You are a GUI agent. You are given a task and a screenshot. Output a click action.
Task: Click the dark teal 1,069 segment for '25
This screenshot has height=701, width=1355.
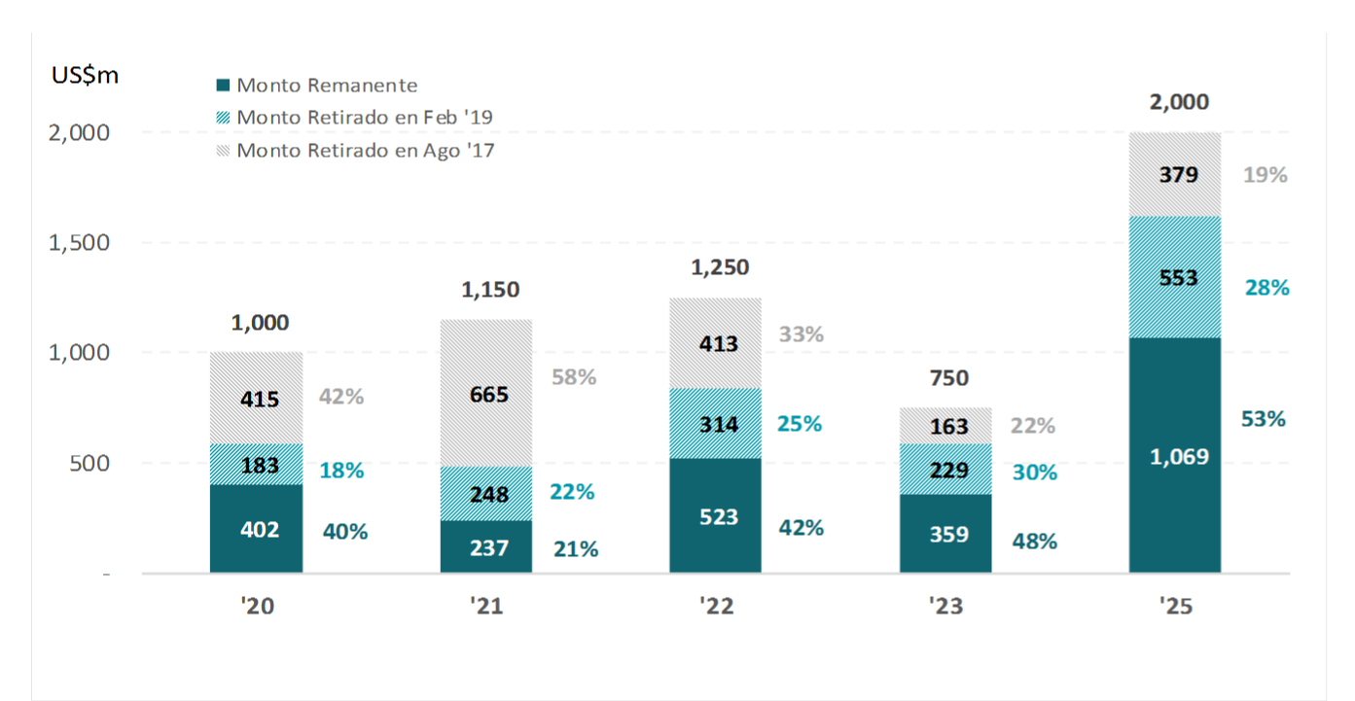[x=1175, y=455]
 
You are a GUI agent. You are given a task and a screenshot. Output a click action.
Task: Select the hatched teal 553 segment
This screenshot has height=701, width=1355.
[x=1175, y=277]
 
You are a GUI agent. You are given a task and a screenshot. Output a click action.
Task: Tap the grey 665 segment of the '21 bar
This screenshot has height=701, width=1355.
[x=486, y=394]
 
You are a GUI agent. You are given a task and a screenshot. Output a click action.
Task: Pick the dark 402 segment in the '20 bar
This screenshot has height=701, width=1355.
[x=257, y=529]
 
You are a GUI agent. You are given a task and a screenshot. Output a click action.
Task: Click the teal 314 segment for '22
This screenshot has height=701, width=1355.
[x=716, y=424]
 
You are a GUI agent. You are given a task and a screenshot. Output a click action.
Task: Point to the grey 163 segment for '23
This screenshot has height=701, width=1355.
[x=945, y=426]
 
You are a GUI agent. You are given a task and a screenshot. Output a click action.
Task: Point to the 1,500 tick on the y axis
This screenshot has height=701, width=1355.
[x=79, y=242]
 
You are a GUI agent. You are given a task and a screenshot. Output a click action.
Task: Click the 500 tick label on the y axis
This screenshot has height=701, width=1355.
[x=89, y=463]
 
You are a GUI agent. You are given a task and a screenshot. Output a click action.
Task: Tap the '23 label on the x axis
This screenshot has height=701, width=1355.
[x=945, y=607]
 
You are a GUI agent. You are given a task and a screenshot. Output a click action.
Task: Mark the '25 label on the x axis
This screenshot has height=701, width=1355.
[x=1175, y=607]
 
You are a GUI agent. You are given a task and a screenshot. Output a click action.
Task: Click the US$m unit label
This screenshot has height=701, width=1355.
[x=86, y=76]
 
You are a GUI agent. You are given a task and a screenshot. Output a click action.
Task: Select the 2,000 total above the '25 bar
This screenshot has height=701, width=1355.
[x=1179, y=102]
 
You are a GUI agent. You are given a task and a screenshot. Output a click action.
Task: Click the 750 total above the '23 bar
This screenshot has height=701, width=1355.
[x=949, y=378]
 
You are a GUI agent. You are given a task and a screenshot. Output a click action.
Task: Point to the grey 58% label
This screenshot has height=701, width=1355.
[x=574, y=377]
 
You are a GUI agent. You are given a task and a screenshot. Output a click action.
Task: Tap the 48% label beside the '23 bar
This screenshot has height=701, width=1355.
[x=1034, y=542]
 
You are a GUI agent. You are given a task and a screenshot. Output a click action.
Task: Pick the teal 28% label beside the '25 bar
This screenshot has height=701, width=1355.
[x=1266, y=288]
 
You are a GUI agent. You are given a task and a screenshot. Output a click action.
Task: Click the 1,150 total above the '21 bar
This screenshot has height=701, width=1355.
[x=490, y=289]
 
